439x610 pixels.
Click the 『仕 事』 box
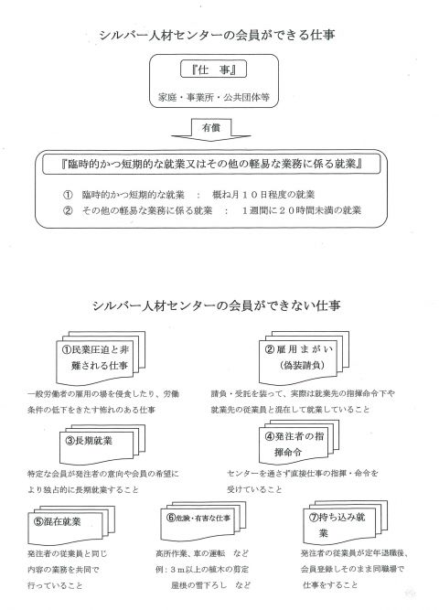(213, 70)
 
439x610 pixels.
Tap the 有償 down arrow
(211, 130)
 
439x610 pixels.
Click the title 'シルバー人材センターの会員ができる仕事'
(217, 35)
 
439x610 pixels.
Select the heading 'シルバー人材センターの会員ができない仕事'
(217, 305)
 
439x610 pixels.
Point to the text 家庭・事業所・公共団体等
(214, 97)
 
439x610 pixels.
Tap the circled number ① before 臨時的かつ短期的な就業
(68, 195)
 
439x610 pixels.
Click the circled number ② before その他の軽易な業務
(68, 210)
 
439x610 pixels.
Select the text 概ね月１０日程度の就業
(263, 195)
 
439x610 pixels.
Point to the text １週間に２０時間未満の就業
(302, 210)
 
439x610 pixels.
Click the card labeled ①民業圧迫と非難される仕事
(101, 358)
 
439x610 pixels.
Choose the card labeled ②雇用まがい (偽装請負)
(304, 358)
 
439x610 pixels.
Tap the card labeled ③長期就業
(102, 444)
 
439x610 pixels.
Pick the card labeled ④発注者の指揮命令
(299, 443)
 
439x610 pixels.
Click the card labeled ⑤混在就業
(71, 525)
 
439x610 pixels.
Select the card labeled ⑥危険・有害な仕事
(203, 520)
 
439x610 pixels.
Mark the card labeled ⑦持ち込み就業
(345, 522)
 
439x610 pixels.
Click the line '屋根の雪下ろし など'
(210, 585)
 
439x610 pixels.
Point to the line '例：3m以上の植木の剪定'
(202, 569)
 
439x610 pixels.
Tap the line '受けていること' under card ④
(254, 489)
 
